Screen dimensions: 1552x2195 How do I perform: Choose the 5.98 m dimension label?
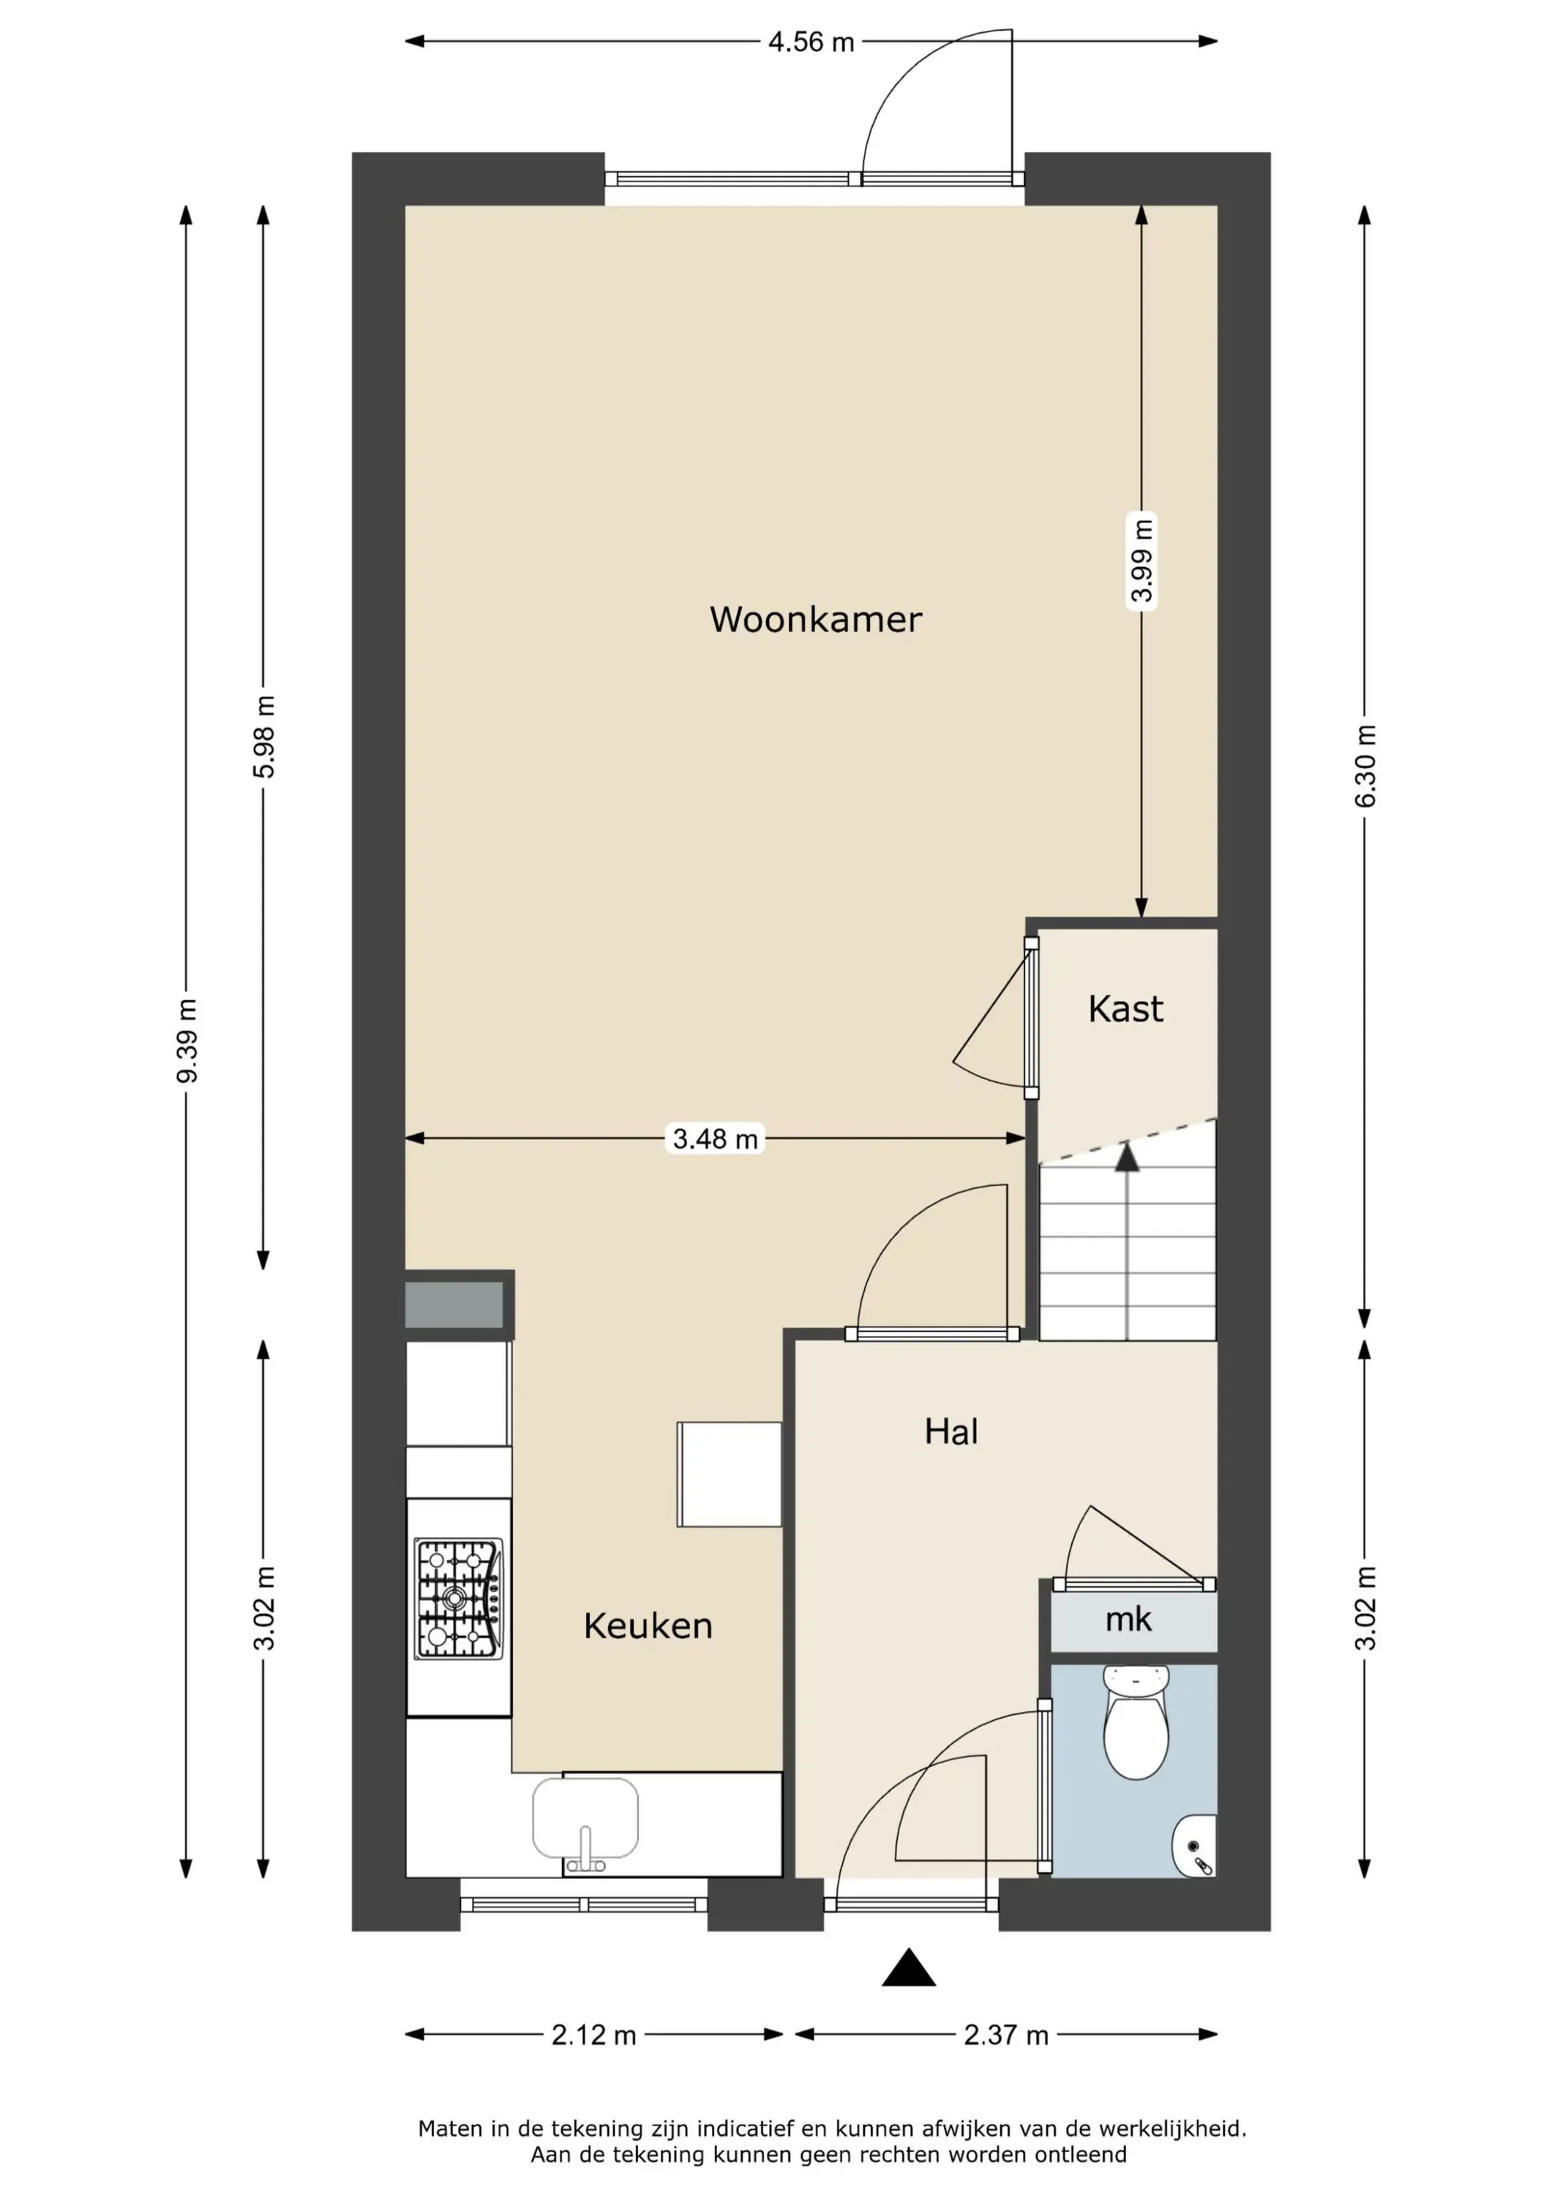(264, 736)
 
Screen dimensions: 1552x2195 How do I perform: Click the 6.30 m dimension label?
(1365, 765)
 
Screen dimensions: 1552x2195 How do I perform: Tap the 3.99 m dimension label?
(1141, 560)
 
